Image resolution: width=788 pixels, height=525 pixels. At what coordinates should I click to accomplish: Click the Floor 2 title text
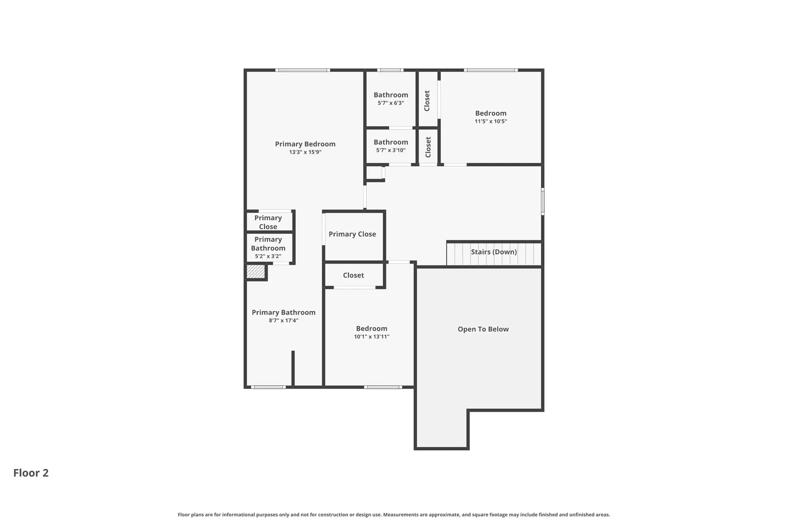[x=31, y=472]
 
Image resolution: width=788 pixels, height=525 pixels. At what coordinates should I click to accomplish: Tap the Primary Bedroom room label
[x=305, y=144]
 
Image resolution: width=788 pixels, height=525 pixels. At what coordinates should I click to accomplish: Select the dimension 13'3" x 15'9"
[x=305, y=152]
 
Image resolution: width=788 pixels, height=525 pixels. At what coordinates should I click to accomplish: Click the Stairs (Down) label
[x=494, y=252]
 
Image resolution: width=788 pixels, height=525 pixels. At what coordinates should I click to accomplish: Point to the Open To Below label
[x=483, y=329]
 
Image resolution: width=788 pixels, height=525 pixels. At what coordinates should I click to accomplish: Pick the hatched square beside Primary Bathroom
[x=255, y=271]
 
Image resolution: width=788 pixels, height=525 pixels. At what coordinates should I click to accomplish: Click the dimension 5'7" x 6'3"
[x=391, y=103]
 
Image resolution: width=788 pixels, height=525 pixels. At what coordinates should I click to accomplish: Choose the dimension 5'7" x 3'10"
[x=391, y=150]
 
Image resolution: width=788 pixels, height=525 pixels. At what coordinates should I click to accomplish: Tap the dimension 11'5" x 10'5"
[x=491, y=122]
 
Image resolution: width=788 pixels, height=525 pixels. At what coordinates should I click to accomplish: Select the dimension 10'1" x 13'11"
[x=372, y=336]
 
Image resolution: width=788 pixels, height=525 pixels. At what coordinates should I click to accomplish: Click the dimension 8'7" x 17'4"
[x=284, y=320]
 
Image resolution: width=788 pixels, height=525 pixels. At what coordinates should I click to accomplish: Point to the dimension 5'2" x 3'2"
[x=268, y=256]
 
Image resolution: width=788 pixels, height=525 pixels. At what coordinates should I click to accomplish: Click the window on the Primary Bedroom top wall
[x=303, y=70]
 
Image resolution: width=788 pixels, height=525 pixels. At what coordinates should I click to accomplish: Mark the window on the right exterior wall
[x=543, y=201]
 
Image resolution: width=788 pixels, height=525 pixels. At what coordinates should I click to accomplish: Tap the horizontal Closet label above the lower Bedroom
[x=353, y=275]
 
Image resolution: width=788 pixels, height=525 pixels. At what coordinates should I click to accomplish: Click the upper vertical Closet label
[x=427, y=101]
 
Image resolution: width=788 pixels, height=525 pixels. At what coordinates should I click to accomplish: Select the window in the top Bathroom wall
[x=391, y=70]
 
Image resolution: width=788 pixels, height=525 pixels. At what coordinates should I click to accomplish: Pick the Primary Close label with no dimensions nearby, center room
[x=352, y=234]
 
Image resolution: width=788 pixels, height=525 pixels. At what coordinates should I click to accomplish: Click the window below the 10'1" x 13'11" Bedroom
[x=383, y=387]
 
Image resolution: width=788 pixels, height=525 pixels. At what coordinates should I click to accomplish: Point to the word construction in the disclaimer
[x=334, y=515]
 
